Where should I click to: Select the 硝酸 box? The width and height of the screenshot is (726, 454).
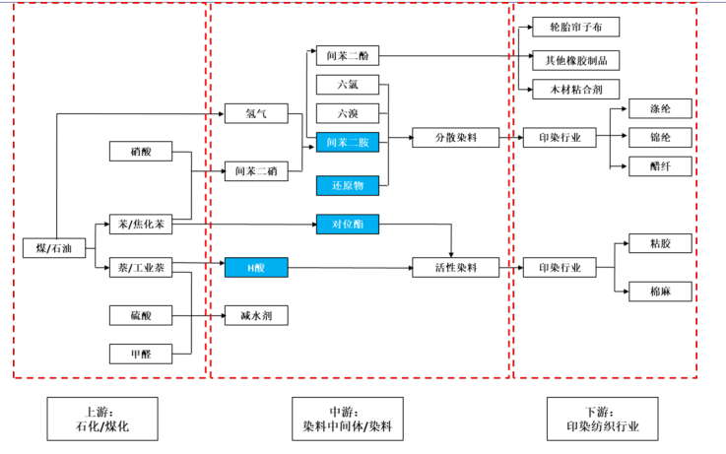tap(141, 152)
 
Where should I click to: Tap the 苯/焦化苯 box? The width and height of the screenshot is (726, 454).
tap(141, 226)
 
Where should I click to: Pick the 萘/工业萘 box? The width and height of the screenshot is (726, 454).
tap(141, 268)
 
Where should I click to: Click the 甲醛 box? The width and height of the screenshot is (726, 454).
tap(141, 354)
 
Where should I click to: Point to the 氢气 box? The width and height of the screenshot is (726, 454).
tap(255, 114)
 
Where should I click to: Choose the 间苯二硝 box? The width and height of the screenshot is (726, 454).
tap(255, 172)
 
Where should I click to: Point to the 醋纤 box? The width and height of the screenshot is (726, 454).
tap(660, 166)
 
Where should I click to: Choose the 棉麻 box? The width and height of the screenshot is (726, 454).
tap(660, 292)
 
